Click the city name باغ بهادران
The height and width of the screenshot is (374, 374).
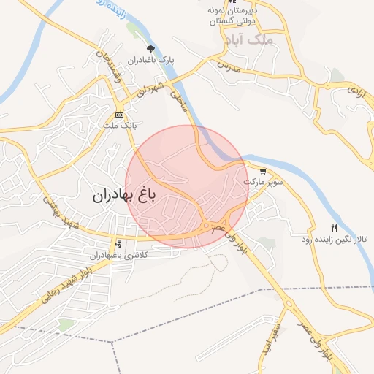124,196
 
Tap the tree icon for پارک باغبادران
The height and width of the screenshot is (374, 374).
150,49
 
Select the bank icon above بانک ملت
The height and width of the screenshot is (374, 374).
119,115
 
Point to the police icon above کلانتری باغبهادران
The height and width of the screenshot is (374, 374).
118,244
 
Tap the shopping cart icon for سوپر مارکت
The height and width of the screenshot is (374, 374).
262,171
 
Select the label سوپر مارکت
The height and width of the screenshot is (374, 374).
263,180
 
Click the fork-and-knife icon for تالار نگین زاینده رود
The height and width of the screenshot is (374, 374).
335,227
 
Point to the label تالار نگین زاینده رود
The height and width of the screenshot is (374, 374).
334,239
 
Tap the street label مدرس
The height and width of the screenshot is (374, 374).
229,64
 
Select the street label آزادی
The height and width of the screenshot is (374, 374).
355,92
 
